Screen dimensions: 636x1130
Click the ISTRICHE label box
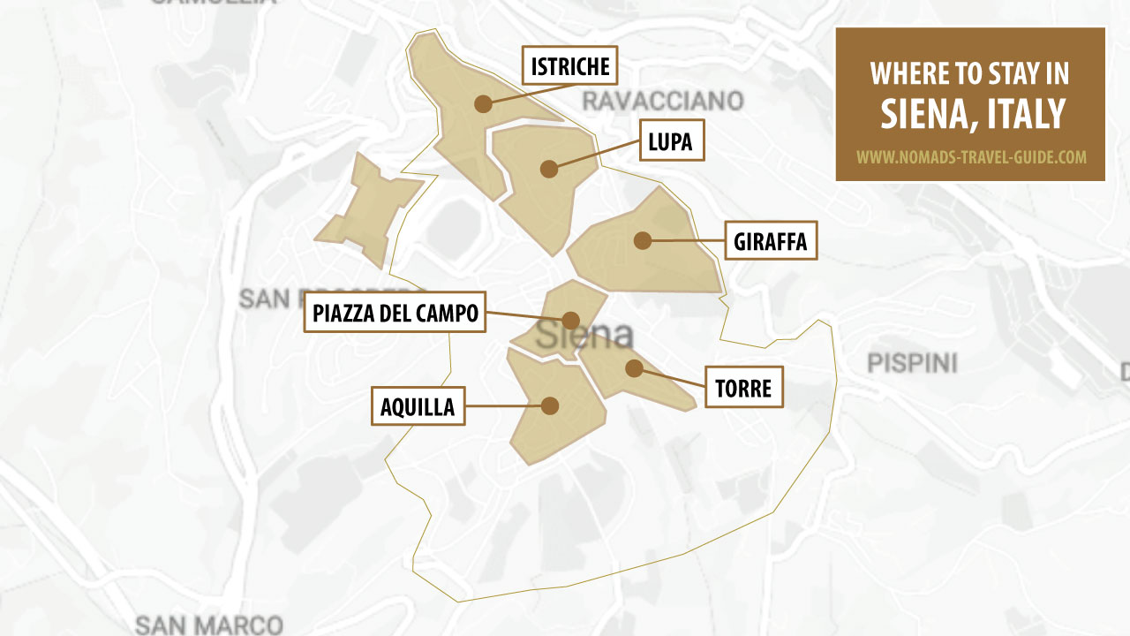[x=569, y=65]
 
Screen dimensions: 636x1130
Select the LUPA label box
[x=670, y=140]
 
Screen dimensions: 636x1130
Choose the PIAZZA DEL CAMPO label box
[x=395, y=312]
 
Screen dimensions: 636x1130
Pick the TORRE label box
[x=743, y=387]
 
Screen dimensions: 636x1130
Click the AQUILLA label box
[x=418, y=405]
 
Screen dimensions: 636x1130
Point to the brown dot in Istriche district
[x=482, y=103]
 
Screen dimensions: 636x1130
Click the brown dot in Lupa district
[x=549, y=168]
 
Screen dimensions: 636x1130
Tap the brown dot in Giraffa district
[x=642, y=239]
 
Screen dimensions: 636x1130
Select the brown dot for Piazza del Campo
[x=570, y=320]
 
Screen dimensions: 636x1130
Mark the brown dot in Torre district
[x=633, y=367]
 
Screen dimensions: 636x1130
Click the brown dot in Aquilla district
[x=550, y=405]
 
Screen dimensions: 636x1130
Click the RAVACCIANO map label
[x=662, y=100]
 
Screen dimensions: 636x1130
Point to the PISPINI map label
[x=912, y=362]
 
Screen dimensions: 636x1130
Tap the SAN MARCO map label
[x=209, y=625]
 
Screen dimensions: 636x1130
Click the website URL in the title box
[x=970, y=157]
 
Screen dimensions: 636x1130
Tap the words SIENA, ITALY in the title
[x=970, y=113]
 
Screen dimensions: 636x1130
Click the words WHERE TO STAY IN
[x=970, y=73]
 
